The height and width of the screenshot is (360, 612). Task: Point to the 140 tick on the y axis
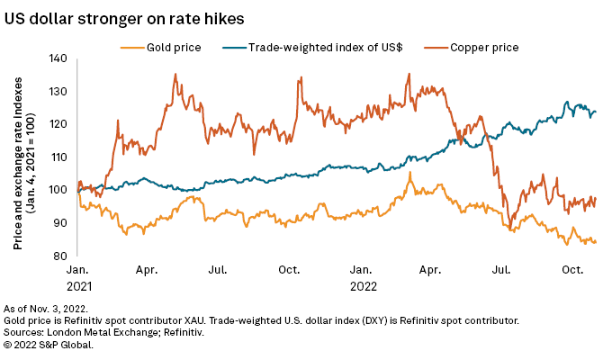58,58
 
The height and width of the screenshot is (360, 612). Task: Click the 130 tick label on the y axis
58,91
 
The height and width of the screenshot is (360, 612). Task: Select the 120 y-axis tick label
58,123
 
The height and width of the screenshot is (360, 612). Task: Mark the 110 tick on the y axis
58,157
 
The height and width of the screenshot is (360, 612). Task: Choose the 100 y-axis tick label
58,189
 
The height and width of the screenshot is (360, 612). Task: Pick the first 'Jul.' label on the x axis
216,269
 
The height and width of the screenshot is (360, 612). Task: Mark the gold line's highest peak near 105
409,172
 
